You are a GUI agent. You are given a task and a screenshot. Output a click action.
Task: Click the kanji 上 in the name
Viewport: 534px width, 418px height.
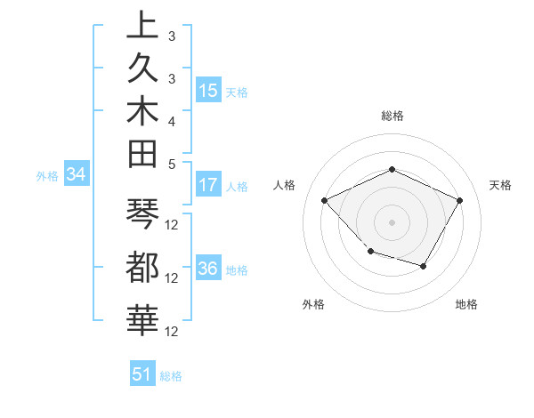(142, 26)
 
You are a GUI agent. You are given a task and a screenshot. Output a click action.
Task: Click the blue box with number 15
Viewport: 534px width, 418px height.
(208, 91)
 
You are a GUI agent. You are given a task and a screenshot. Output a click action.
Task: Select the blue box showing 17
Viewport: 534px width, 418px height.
(208, 186)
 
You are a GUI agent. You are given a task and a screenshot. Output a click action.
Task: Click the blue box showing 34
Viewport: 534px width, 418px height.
(77, 175)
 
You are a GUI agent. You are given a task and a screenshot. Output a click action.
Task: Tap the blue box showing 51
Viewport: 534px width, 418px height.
(142, 374)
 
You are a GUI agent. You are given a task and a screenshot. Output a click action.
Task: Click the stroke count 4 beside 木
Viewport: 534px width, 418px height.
(171, 121)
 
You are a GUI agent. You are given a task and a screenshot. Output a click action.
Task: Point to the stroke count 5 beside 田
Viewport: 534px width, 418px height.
(171, 164)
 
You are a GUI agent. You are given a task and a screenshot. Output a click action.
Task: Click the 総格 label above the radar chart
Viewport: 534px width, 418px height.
(392, 116)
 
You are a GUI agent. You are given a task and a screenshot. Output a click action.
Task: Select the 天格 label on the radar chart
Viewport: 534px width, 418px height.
(501, 185)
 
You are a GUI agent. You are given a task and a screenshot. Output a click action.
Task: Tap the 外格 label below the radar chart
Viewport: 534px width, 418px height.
(313, 304)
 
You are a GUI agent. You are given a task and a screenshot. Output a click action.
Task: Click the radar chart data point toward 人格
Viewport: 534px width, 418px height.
(325, 201)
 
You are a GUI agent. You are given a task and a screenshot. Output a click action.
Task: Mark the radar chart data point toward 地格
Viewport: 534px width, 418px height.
(424, 266)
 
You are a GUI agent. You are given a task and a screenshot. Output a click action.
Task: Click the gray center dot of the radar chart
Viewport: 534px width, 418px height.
(392, 221)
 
